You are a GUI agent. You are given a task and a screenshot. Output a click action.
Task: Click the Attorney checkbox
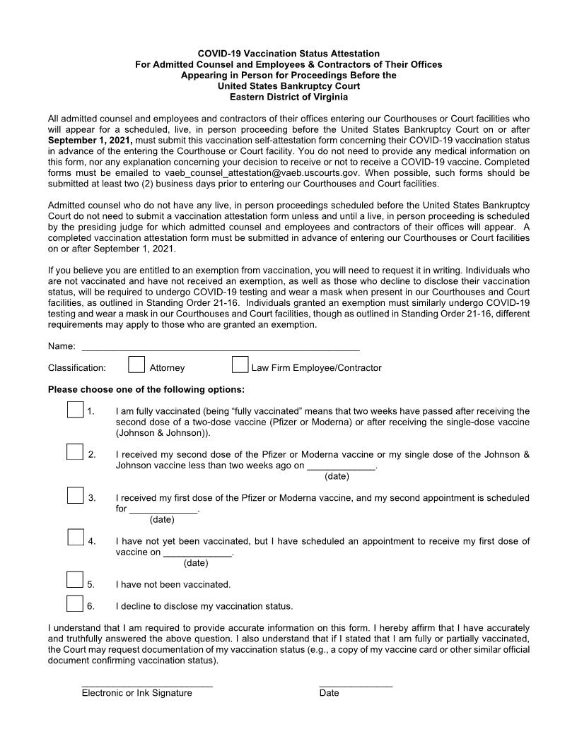[136, 365]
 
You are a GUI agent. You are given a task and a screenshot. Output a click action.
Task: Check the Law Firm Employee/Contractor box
[240, 365]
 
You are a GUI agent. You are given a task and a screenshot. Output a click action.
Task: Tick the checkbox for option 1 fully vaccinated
[76, 409]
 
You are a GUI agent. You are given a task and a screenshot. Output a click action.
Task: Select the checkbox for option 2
[75, 451]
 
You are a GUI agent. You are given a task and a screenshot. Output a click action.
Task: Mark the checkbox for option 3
[76, 495]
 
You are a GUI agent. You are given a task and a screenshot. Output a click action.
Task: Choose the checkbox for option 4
[76, 538]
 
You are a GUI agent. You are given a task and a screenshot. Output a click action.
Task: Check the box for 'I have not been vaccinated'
[75, 580]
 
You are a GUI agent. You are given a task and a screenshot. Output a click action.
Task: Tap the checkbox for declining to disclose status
[75, 603]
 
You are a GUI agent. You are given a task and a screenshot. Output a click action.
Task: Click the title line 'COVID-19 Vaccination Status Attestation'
[288, 54]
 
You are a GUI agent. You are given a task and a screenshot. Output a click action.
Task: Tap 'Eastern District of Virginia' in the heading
[288, 97]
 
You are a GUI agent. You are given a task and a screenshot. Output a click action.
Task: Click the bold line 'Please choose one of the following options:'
[146, 390]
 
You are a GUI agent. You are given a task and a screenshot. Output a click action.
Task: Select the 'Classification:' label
[77, 368]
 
